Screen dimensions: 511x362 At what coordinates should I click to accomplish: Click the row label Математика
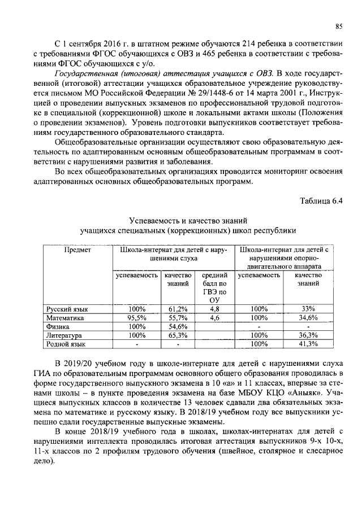point(65,318)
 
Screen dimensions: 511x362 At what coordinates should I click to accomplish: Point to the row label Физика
point(58,326)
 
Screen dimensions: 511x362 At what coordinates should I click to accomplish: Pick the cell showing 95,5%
point(137,318)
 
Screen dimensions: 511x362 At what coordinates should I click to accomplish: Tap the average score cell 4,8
point(214,309)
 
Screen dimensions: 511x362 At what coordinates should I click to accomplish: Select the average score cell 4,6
point(214,318)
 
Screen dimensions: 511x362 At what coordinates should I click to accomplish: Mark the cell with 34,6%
point(308,318)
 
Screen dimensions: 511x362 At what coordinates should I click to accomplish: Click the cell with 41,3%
point(308,343)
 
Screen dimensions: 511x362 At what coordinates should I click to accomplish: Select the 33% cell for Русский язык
point(308,309)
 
